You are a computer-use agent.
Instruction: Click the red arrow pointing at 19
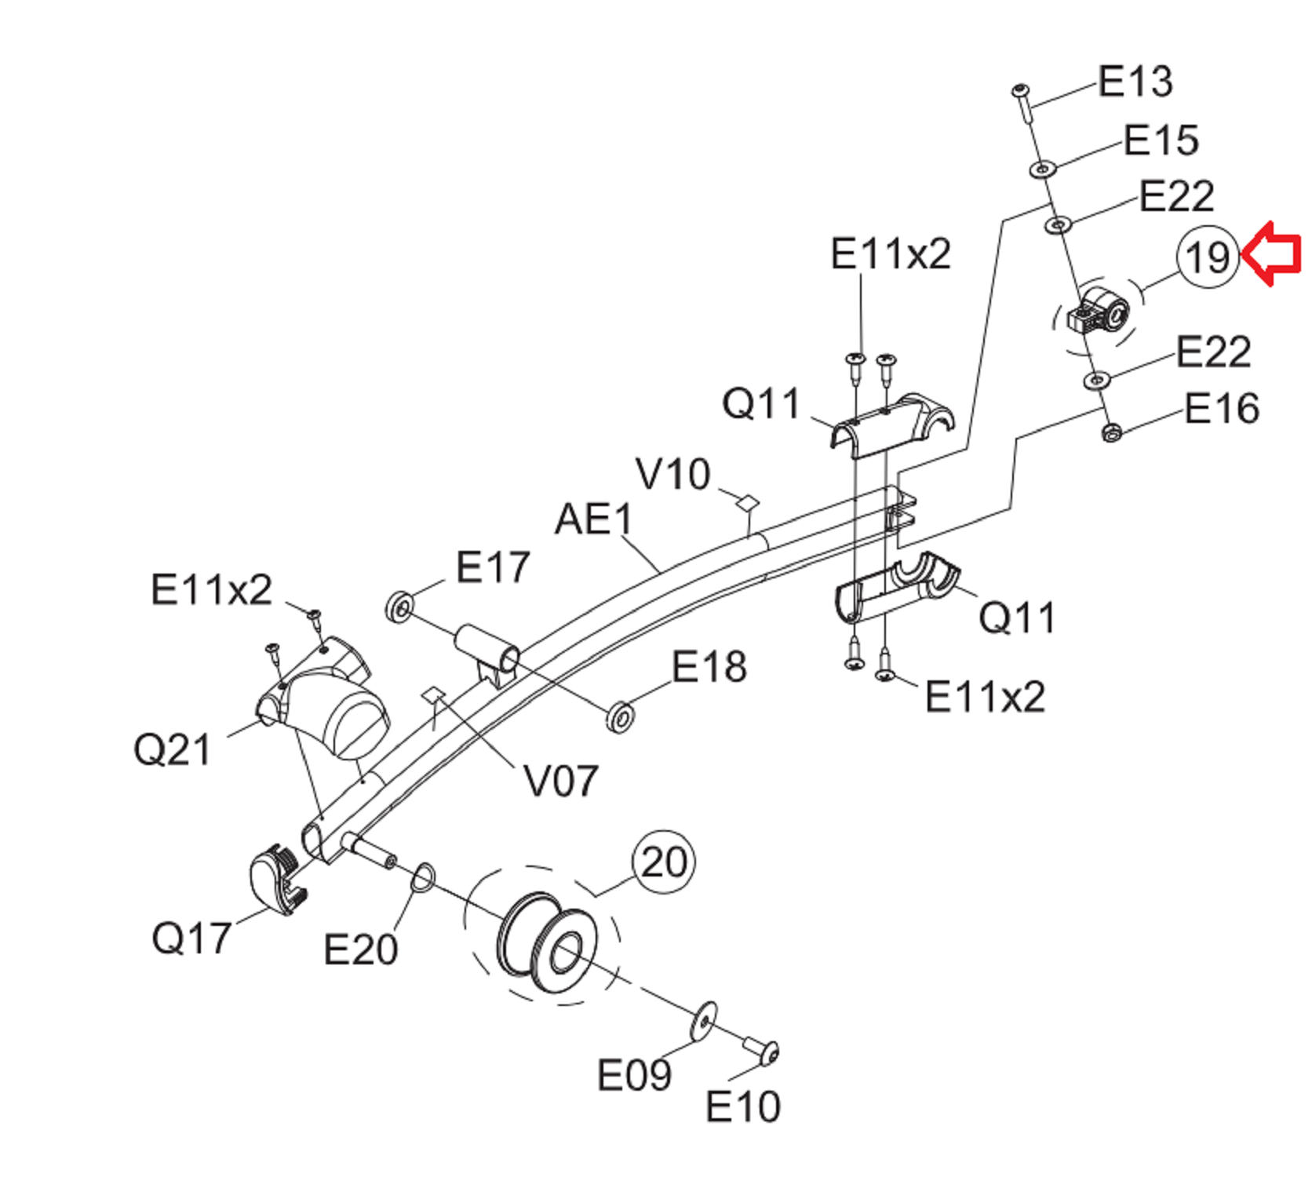pyautogui.click(x=1271, y=254)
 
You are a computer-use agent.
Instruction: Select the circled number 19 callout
pyautogui.click(x=1208, y=257)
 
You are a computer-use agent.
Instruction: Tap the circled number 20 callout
pyautogui.click(x=664, y=862)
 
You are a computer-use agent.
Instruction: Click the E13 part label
pyautogui.click(x=1135, y=81)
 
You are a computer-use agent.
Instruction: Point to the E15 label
pyautogui.click(x=1161, y=140)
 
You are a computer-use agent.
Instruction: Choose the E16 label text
pyautogui.click(x=1222, y=409)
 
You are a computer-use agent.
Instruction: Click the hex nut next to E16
pyautogui.click(x=1111, y=432)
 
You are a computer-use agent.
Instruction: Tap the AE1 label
pyautogui.click(x=594, y=519)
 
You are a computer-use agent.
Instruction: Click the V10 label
pyautogui.click(x=673, y=474)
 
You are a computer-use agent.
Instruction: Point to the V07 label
pyautogui.click(x=561, y=781)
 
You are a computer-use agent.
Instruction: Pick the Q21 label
pyautogui.click(x=173, y=749)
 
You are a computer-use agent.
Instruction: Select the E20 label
pyautogui.click(x=361, y=950)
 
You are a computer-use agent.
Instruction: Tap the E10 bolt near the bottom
pyautogui.click(x=761, y=1051)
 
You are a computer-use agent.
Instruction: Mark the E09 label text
pyautogui.click(x=634, y=1075)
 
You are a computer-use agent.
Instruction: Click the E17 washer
pyautogui.click(x=400, y=607)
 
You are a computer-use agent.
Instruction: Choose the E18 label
pyautogui.click(x=709, y=667)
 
